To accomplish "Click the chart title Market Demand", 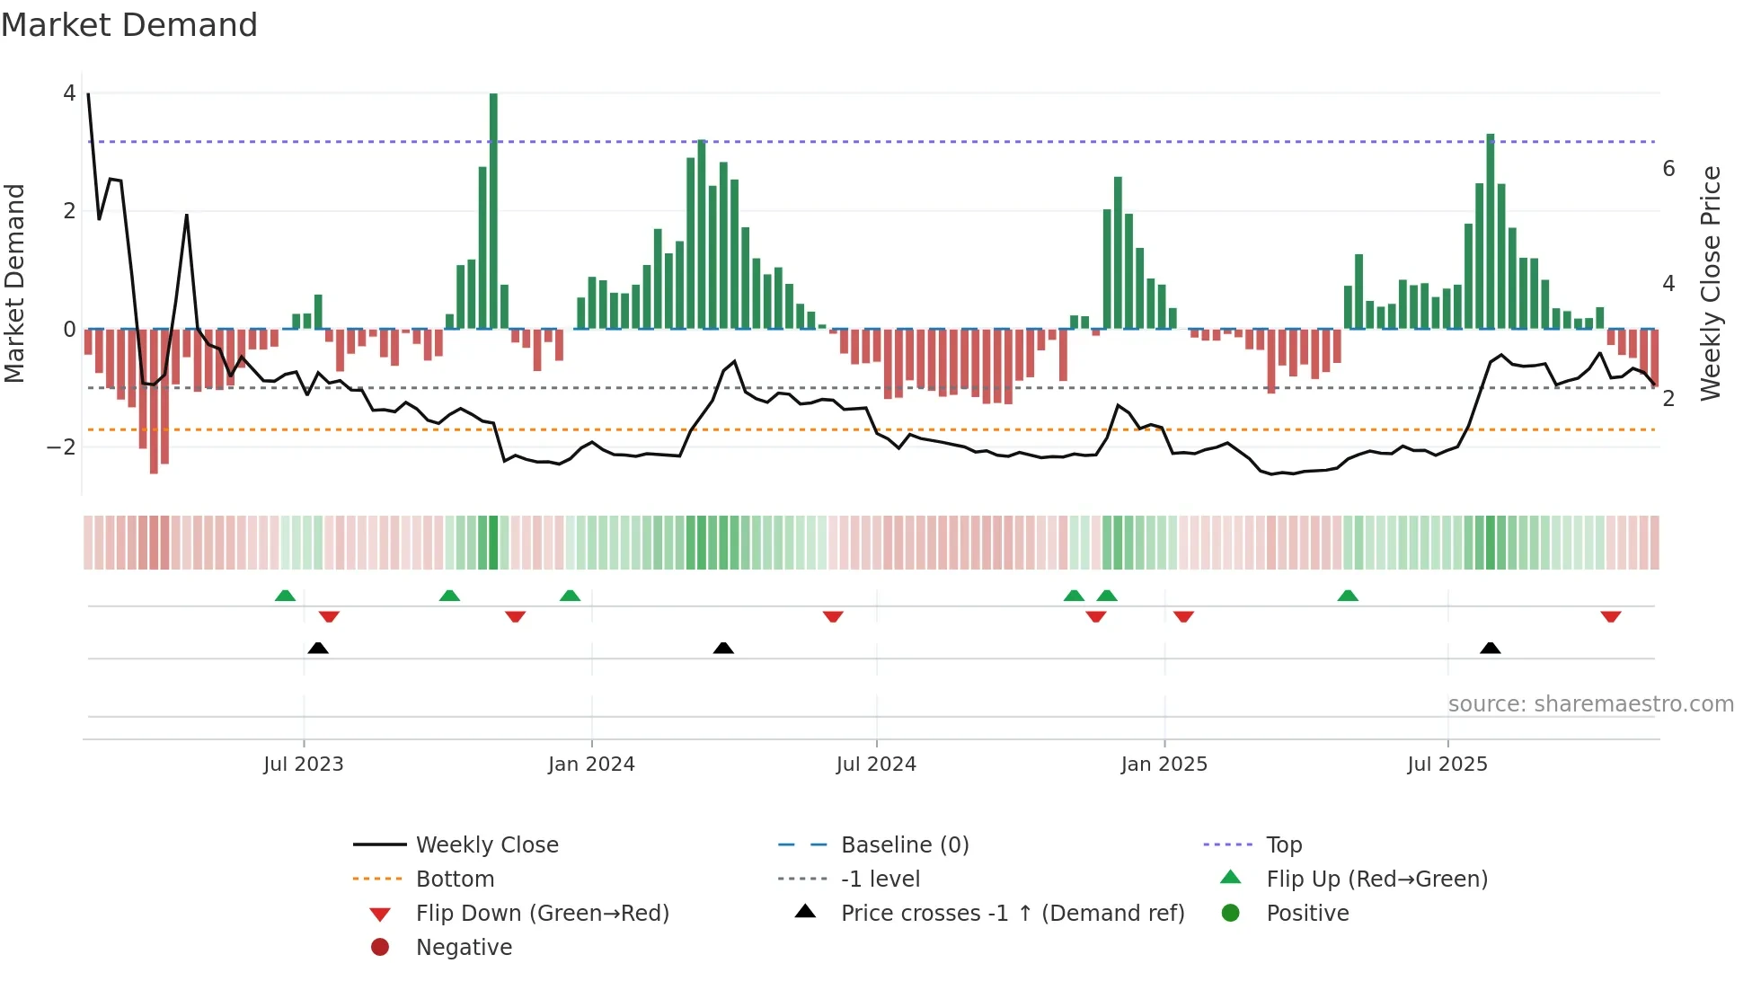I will click(x=129, y=25).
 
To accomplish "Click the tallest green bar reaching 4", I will click(x=493, y=211).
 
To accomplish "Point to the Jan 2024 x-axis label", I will click(x=591, y=765).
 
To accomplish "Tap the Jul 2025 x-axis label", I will click(x=1447, y=765).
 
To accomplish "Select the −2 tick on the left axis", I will click(x=61, y=447).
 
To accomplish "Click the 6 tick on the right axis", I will click(x=1668, y=169).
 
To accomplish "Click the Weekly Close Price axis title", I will click(x=1711, y=283).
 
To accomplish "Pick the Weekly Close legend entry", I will click(x=486, y=845).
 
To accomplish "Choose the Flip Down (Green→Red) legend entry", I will click(x=542, y=914).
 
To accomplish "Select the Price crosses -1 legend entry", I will click(x=1012, y=914).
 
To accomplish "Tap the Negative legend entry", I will click(x=464, y=948).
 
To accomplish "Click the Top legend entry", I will click(x=1283, y=845).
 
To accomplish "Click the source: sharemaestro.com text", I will click(x=1590, y=704).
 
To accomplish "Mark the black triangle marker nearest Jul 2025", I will click(x=1490, y=648).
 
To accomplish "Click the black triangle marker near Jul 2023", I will click(x=318, y=648).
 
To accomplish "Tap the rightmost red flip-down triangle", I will click(x=1610, y=616).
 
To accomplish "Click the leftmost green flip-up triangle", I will click(x=285, y=596).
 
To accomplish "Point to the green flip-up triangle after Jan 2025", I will click(x=1347, y=596).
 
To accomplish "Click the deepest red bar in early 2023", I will click(x=154, y=401).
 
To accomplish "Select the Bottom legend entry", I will click(x=455, y=880).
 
